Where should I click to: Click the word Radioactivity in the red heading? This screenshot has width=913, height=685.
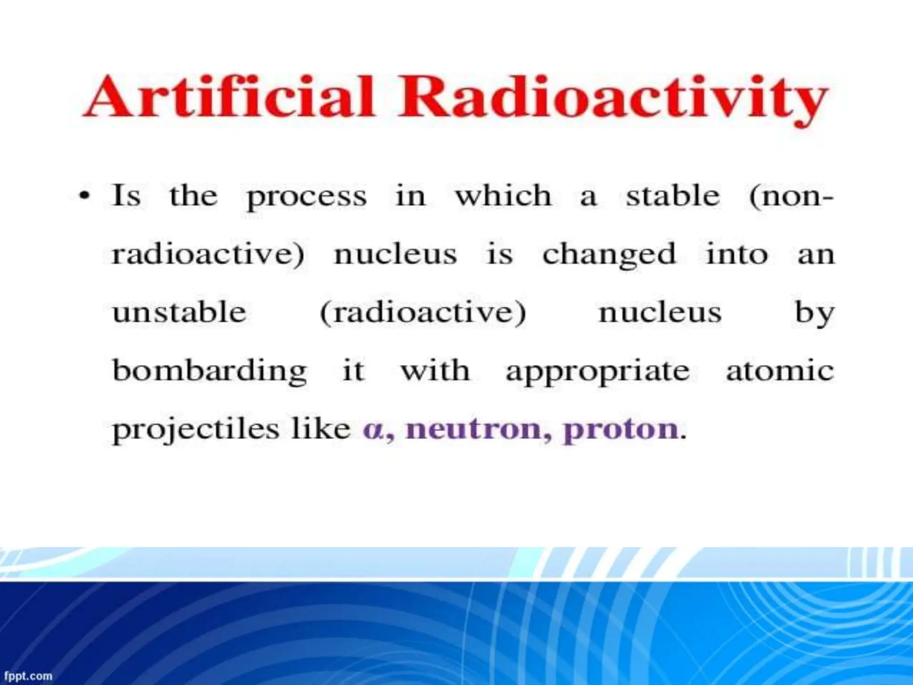point(613,99)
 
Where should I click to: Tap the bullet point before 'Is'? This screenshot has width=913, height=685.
point(85,196)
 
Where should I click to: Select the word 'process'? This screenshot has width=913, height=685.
point(307,197)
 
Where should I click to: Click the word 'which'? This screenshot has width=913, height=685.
point(503,196)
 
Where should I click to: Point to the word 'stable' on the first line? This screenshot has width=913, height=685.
point(673,196)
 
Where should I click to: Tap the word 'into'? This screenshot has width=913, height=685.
point(737,254)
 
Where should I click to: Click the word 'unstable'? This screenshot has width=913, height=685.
point(179,312)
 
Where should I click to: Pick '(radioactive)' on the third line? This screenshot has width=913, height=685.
point(423,313)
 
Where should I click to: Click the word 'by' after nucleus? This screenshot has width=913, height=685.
point(814,314)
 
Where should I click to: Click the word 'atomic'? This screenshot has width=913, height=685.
point(780,371)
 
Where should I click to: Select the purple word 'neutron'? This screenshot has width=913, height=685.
point(474,429)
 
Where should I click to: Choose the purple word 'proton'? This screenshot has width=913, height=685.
point(621,430)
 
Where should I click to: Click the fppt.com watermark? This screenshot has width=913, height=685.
point(28,676)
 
